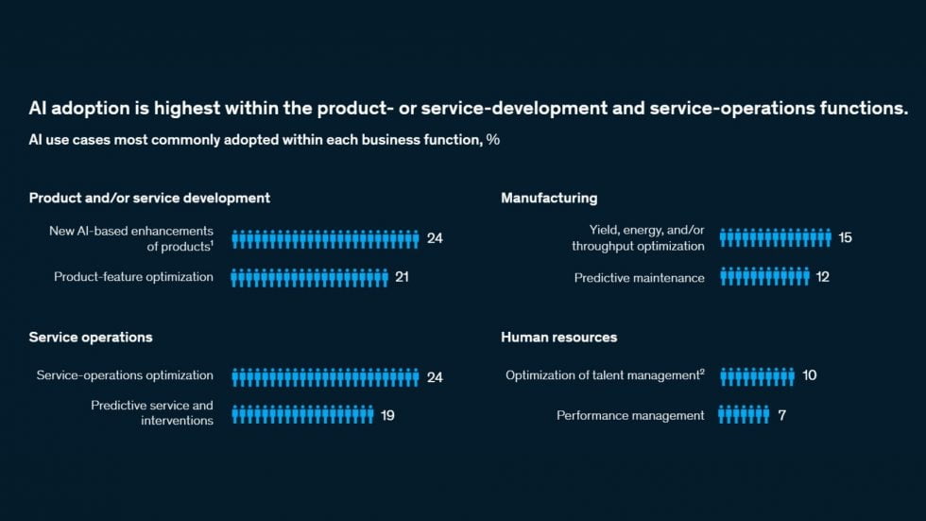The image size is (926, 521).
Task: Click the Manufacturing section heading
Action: (549, 198)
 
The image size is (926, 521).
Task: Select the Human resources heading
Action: (558, 338)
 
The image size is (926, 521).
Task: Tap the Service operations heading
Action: (91, 338)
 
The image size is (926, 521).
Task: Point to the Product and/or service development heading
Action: (149, 198)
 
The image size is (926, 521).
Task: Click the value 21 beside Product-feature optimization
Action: (402, 277)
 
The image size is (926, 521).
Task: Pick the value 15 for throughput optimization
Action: (845, 237)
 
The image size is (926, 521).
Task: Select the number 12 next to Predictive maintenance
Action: (823, 277)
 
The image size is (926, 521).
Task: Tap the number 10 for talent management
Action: (809, 375)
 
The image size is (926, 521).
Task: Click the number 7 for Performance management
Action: (782, 415)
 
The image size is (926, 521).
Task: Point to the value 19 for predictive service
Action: (387, 415)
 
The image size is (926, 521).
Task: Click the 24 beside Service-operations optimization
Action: (435, 377)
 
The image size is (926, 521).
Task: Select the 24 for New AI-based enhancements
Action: (435, 238)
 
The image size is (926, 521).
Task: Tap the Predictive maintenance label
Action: (639, 278)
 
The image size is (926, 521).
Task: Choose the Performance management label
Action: (630, 416)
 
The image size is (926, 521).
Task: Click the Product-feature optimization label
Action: (133, 277)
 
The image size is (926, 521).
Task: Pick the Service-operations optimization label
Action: (125, 375)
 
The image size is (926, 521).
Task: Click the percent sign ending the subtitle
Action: (493, 140)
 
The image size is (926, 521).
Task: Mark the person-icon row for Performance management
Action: (744, 415)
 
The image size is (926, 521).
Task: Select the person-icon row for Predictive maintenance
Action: (764, 276)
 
